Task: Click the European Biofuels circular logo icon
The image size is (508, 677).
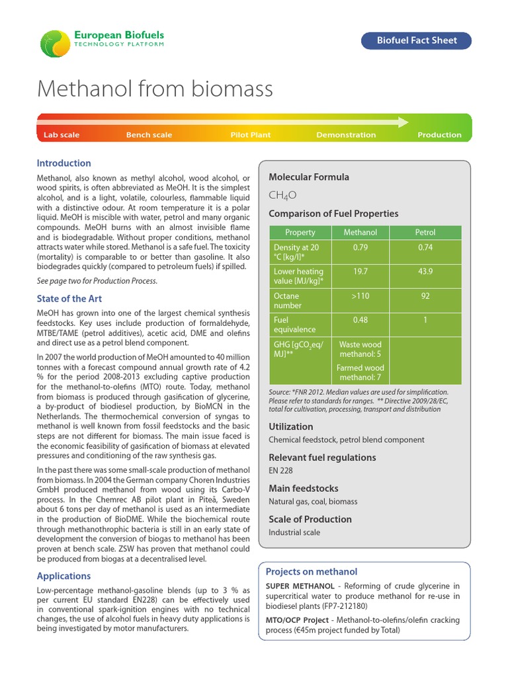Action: (54, 43)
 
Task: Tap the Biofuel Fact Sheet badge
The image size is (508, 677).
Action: (417, 40)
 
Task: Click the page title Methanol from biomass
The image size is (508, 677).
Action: (155, 89)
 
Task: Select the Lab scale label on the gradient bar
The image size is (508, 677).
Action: (62, 135)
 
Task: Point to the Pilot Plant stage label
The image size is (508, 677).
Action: (251, 135)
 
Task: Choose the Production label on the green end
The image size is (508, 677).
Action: (439, 135)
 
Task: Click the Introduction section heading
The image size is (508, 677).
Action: (64, 163)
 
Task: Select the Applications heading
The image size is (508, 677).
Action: (64, 576)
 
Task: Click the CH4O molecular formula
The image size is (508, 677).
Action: (282, 195)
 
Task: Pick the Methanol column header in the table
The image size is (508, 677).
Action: (360, 233)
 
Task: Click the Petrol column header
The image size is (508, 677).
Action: (425, 233)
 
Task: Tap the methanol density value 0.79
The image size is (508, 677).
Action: (360, 247)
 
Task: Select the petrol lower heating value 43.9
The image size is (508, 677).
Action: (425, 272)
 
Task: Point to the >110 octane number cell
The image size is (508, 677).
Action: (360, 296)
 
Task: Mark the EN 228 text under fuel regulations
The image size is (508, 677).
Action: (280, 471)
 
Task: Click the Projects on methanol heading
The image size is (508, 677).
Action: (311, 572)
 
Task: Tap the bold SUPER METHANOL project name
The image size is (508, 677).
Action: (298, 586)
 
